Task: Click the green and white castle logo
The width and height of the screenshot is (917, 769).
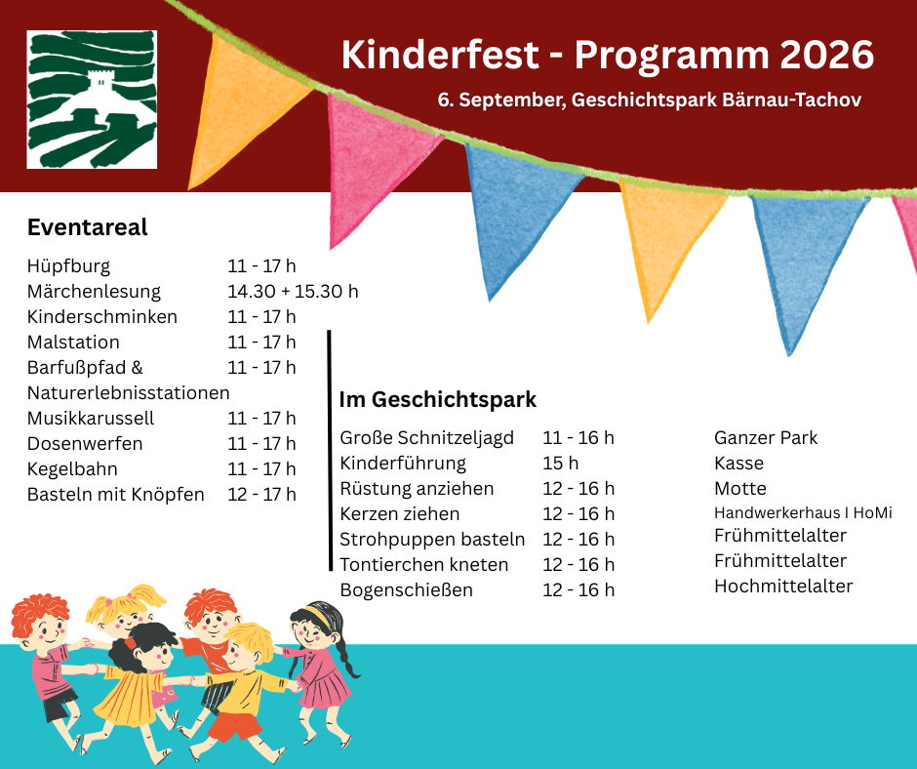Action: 92,100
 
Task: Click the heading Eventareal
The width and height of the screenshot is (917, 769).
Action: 87,227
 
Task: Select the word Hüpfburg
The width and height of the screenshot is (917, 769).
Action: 68,266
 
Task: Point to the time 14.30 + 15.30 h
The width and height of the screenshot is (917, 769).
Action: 293,291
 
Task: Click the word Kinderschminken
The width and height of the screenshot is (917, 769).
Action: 101,316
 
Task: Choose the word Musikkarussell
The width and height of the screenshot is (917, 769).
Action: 91,418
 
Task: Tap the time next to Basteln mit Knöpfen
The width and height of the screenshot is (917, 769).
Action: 261,495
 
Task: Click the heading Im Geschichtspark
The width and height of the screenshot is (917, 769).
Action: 437,400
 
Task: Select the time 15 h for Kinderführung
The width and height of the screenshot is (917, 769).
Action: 560,463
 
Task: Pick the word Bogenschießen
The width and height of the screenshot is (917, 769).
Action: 407,589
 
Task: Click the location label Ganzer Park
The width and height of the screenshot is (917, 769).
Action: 766,438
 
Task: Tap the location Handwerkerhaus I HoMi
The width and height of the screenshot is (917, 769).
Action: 803,513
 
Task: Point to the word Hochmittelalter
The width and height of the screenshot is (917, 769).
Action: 783,586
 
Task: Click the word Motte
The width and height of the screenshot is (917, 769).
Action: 739,488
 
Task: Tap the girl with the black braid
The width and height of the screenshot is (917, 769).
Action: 321,673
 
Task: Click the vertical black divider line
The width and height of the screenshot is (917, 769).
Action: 330,451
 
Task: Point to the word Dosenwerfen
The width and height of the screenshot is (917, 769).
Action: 85,444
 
